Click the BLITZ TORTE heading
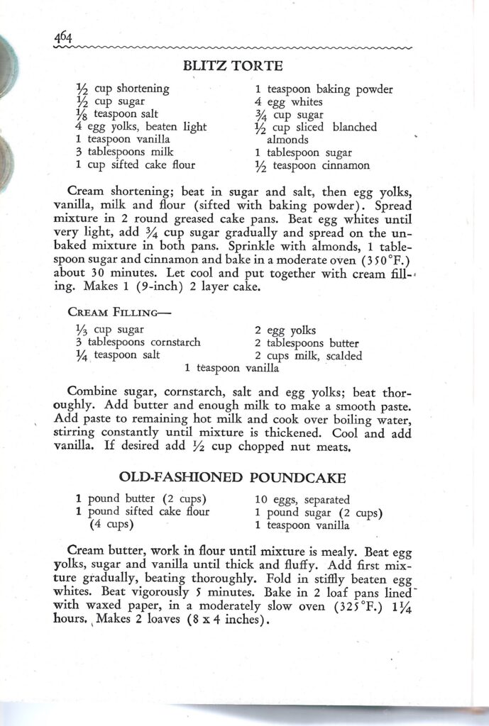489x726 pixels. point(233,67)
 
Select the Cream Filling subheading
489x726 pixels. point(120,312)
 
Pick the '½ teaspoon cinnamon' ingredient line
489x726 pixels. point(312,165)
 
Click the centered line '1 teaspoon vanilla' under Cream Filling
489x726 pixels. point(232,368)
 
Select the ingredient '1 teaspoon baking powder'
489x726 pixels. point(324,89)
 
